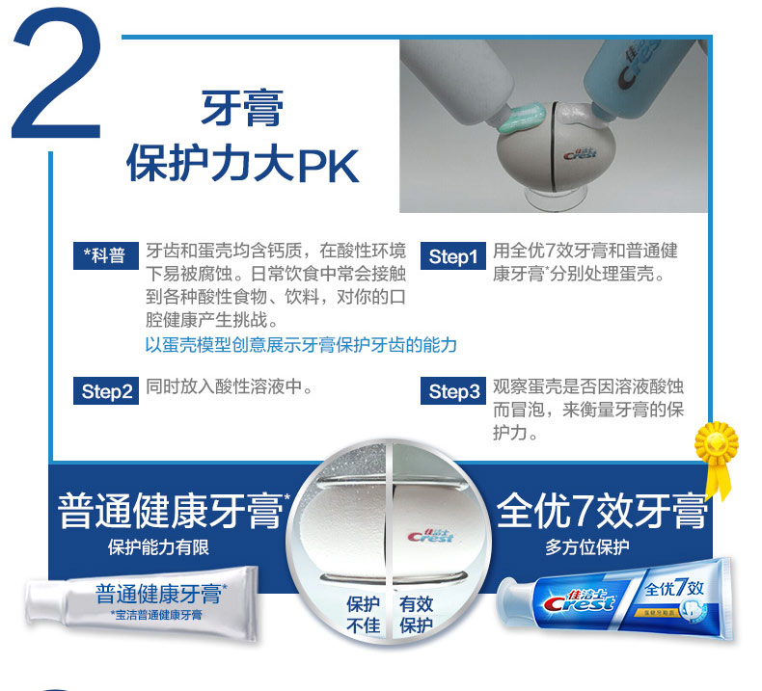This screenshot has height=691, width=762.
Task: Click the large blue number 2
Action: [57, 73]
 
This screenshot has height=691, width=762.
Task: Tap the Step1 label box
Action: [453, 256]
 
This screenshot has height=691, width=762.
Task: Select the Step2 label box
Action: [106, 391]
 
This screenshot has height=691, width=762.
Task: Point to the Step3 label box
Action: [453, 391]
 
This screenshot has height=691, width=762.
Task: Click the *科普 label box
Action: [106, 255]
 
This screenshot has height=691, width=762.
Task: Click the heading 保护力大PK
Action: [242, 164]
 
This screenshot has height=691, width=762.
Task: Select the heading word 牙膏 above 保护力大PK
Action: [242, 108]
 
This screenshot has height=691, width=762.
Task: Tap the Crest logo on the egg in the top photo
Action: [580, 153]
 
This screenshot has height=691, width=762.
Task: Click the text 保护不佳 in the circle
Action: [363, 614]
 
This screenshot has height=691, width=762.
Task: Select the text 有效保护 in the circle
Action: [416, 614]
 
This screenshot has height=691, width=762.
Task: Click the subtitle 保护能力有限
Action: [158, 547]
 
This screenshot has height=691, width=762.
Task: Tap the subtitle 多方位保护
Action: [587, 547]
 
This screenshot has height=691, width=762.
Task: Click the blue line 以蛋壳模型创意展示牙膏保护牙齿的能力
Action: [301, 345]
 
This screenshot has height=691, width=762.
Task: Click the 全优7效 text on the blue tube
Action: [674, 588]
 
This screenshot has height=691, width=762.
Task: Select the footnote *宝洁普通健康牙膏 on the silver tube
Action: [155, 615]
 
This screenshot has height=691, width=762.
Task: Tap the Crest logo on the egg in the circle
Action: [430, 536]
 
